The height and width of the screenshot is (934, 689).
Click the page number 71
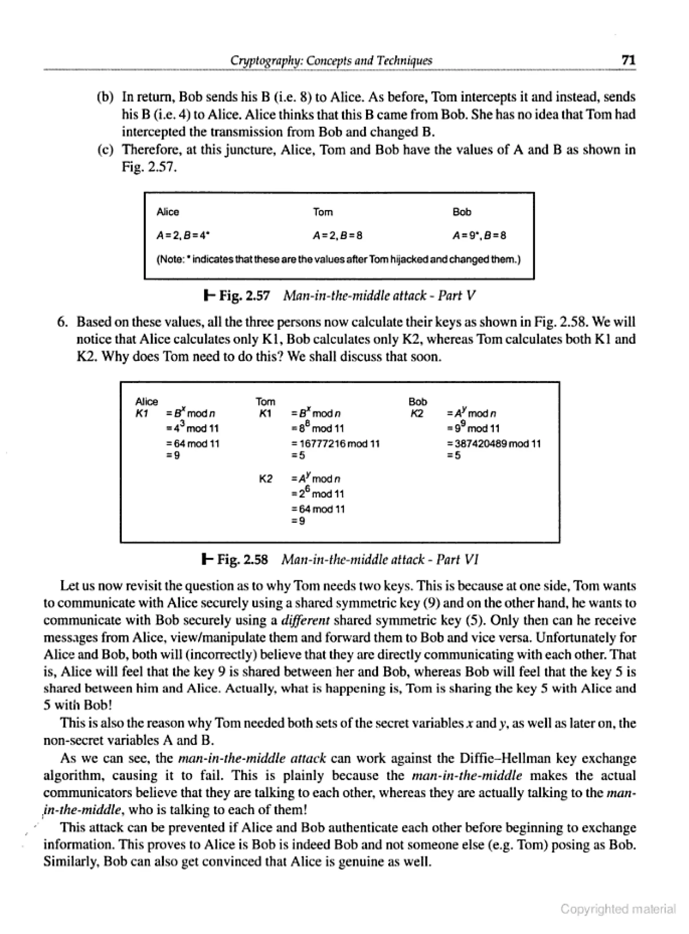[628, 60]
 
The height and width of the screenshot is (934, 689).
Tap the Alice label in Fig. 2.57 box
[168, 212]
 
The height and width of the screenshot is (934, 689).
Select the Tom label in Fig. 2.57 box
[323, 212]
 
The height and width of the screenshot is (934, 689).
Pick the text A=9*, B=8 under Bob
[479, 235]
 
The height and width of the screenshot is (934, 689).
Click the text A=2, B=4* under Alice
[183, 235]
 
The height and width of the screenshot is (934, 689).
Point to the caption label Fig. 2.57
[244, 296]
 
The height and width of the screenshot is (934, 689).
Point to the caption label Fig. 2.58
[242, 559]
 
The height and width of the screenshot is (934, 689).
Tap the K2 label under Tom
[266, 479]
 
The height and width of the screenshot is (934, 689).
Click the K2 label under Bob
[417, 413]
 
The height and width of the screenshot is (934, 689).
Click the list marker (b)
[105, 97]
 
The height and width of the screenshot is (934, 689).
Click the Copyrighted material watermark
[618, 908]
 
